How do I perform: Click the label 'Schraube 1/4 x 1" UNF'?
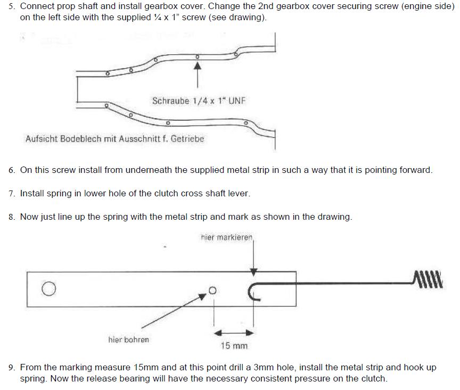point(199,101)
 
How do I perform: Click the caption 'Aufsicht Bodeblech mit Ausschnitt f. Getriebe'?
point(114,139)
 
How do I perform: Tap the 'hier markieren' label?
point(226,237)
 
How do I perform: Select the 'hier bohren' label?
point(128,339)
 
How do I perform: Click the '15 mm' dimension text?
point(234,346)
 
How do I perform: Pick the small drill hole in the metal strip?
point(212,291)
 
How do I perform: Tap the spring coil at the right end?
point(428,278)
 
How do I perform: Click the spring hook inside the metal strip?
point(253,292)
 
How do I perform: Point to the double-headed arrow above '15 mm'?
point(234,333)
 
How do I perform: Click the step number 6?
point(12,170)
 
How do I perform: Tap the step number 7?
point(12,194)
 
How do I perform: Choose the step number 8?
point(12,217)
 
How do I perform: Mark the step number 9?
point(12,368)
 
